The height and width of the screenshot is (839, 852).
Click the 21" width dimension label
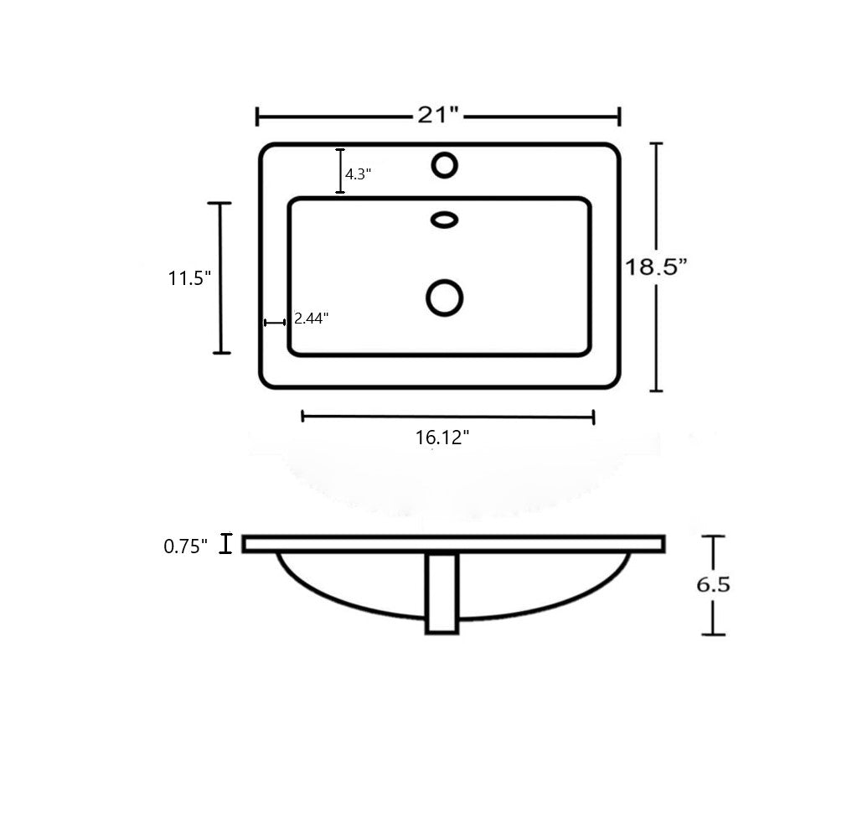click(x=438, y=115)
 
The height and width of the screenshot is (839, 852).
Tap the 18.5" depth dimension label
click(x=655, y=267)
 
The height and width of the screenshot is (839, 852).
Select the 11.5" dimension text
click(x=189, y=278)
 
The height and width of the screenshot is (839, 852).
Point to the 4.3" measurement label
click(x=358, y=174)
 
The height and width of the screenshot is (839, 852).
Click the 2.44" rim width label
click(x=312, y=319)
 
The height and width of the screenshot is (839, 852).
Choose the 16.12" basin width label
click(x=442, y=437)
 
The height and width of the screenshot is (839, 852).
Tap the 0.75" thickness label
click(x=185, y=546)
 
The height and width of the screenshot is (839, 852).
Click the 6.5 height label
click(x=713, y=584)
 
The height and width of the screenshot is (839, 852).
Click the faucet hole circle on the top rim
click(x=445, y=165)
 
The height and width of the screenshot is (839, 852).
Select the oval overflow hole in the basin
click(x=445, y=220)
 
